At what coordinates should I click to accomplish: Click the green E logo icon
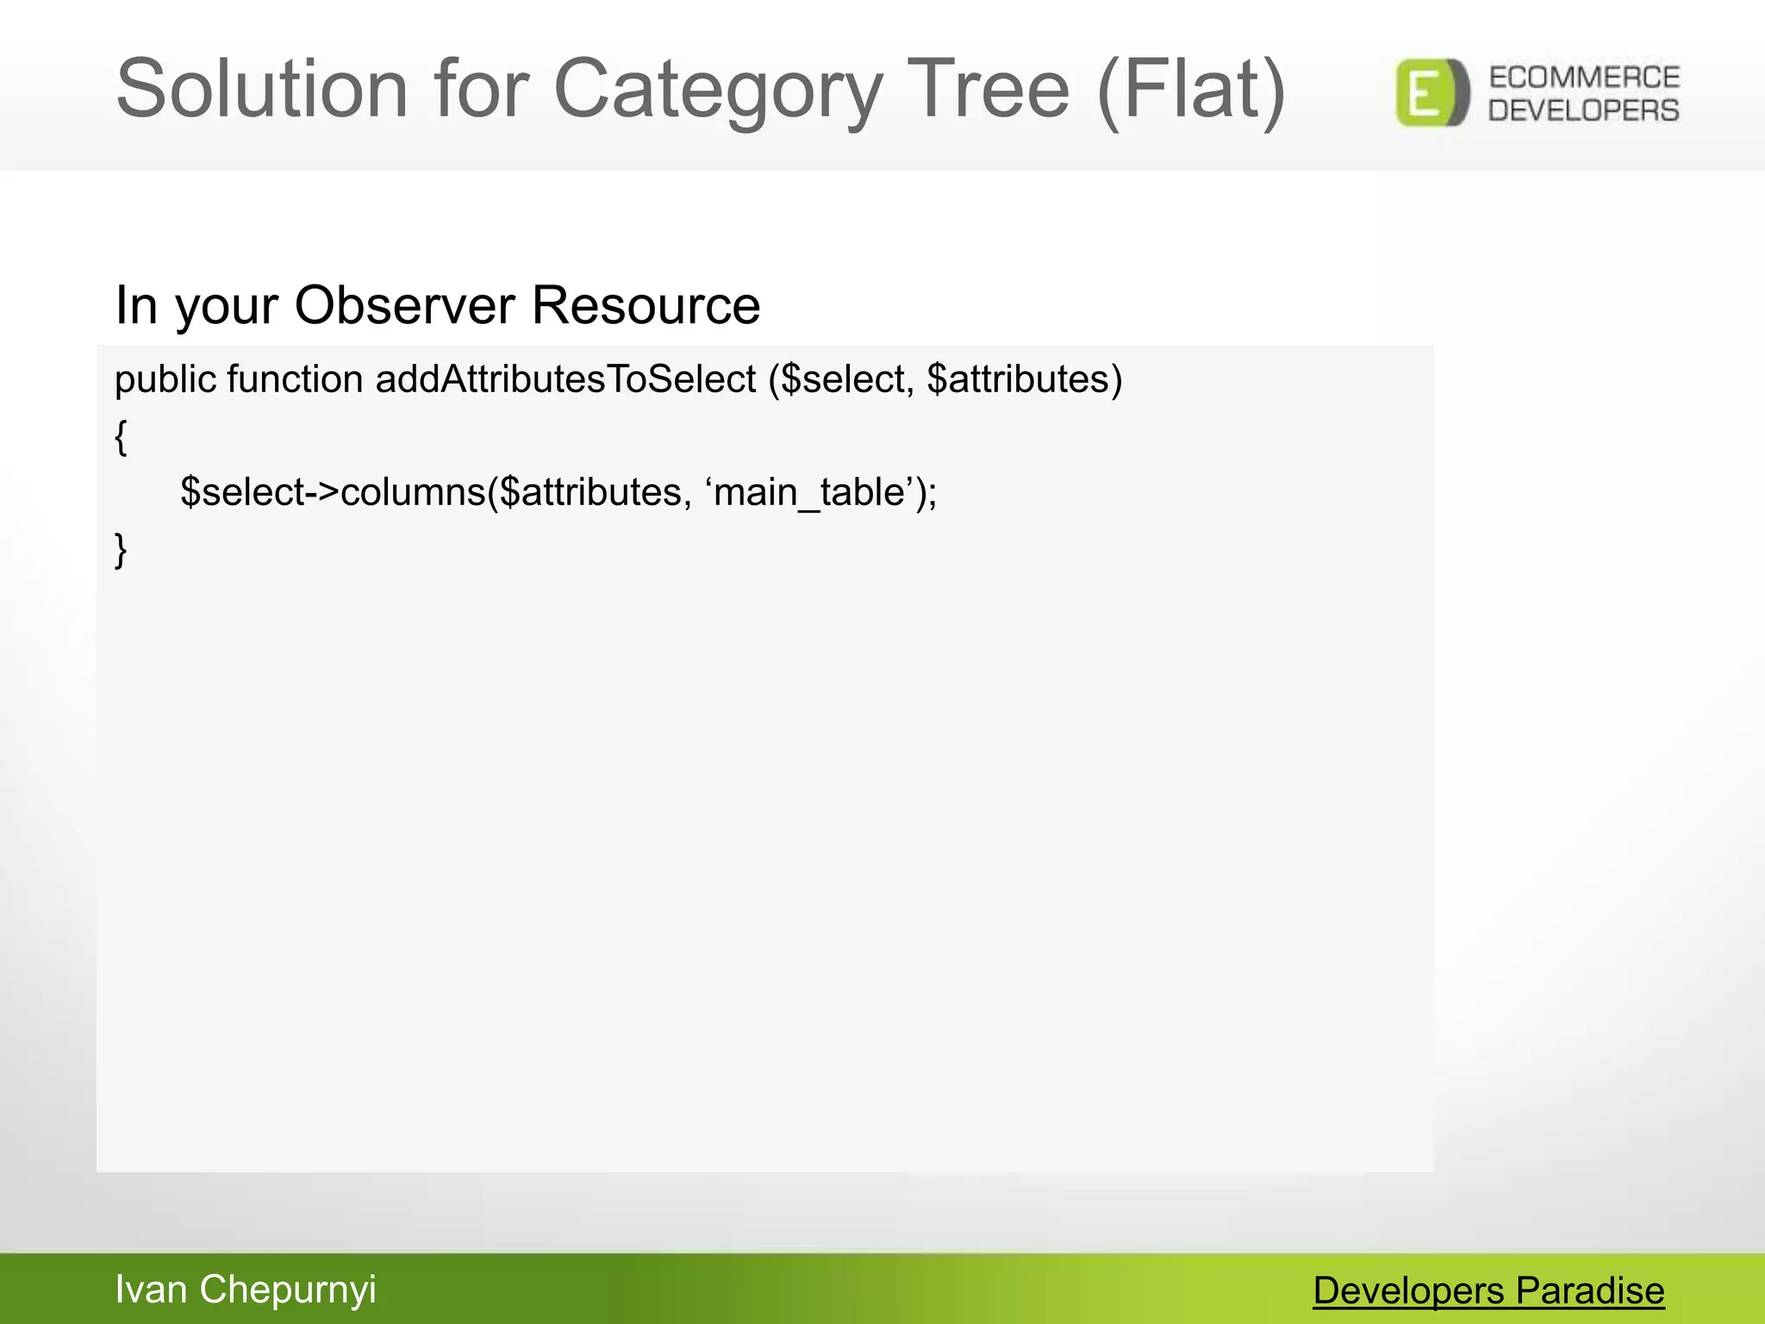click(1431, 93)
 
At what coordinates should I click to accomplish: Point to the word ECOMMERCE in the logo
click(1584, 78)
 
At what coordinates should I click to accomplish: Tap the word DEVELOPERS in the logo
click(1584, 110)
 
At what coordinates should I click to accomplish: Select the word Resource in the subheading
click(646, 305)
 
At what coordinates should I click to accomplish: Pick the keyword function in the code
click(295, 379)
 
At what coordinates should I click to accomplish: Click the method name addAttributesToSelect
click(565, 379)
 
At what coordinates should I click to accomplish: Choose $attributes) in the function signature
click(1025, 379)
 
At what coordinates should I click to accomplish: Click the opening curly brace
click(122, 437)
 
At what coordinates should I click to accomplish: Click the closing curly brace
click(122, 550)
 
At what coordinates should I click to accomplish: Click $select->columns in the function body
click(333, 493)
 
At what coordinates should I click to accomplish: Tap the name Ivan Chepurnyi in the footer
click(246, 1290)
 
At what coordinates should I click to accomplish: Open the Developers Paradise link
click(1488, 1291)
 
